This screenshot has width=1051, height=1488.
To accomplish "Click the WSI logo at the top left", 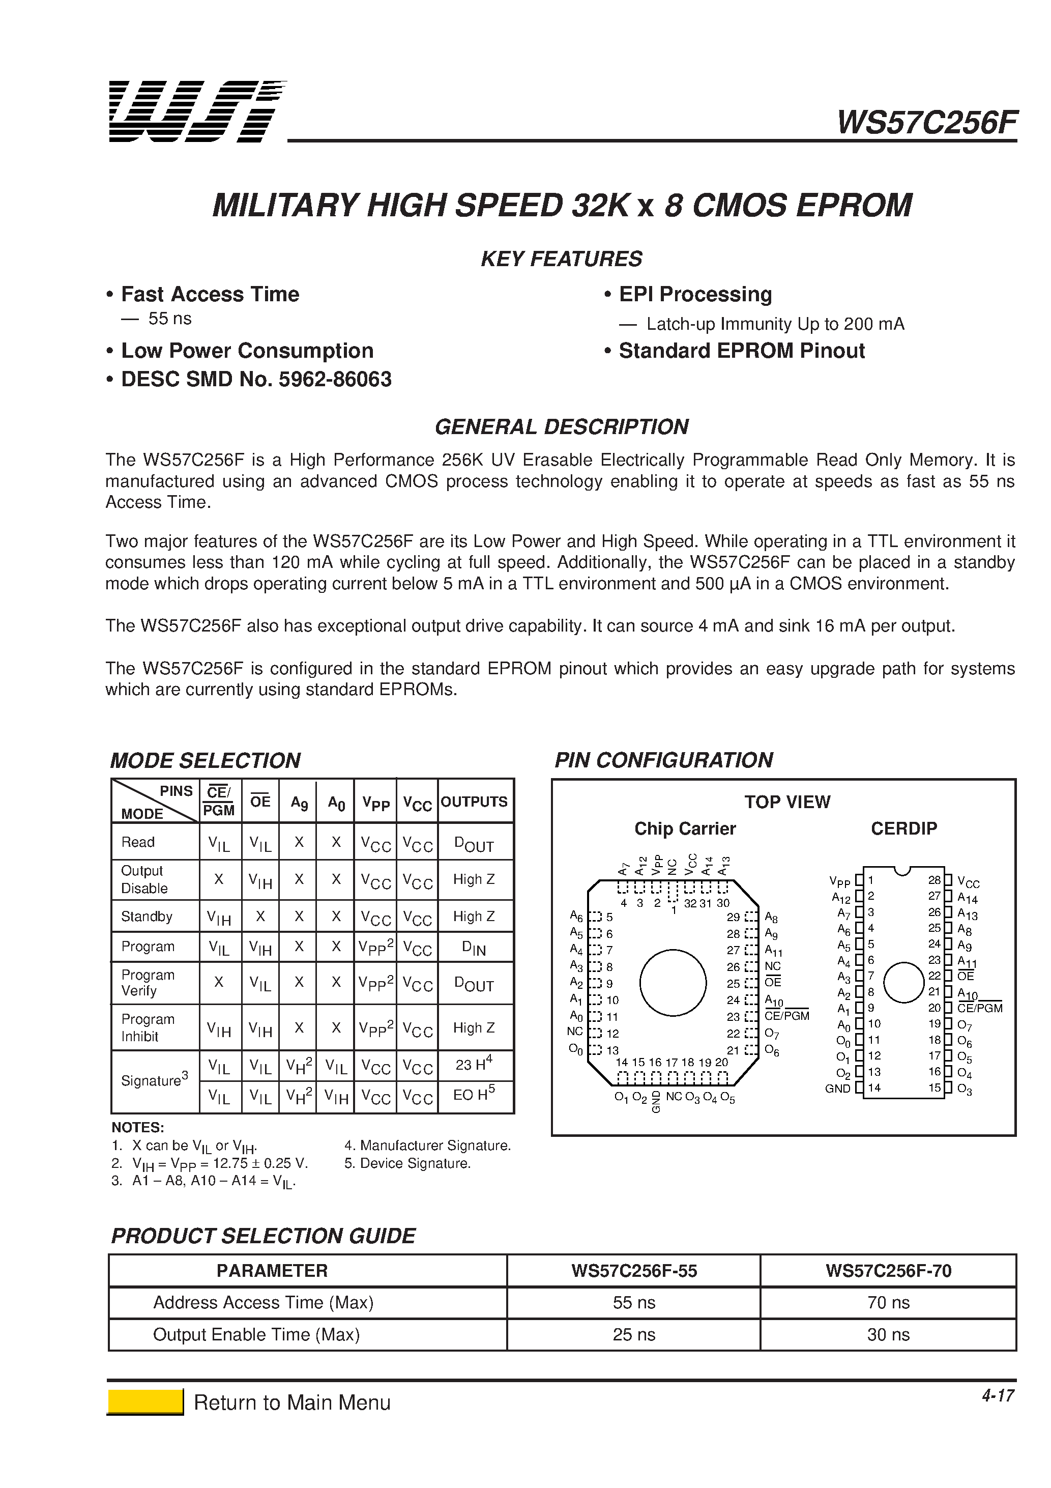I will coord(196,111).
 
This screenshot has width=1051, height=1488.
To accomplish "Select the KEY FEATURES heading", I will coord(561,259).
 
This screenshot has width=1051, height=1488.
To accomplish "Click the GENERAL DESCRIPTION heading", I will coord(561,427).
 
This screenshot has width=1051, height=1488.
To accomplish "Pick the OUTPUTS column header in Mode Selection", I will coord(474,802).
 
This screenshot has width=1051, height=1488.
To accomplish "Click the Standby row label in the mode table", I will coord(147,917).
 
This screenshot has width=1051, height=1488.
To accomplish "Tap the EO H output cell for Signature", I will coord(474,1095).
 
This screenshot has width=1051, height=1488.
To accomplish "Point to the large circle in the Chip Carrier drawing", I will coord(673,983).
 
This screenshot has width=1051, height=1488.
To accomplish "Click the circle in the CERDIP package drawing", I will coord(903,983).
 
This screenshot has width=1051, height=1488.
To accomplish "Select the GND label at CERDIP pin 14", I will coord(837,1088).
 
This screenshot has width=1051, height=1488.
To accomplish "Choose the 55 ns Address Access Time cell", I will coord(634,1303).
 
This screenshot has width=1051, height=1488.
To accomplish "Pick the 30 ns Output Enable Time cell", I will coord(888,1334).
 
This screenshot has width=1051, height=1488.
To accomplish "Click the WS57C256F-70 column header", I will coord(888,1271).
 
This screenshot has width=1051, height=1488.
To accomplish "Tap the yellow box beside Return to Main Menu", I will coord(145,1402).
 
